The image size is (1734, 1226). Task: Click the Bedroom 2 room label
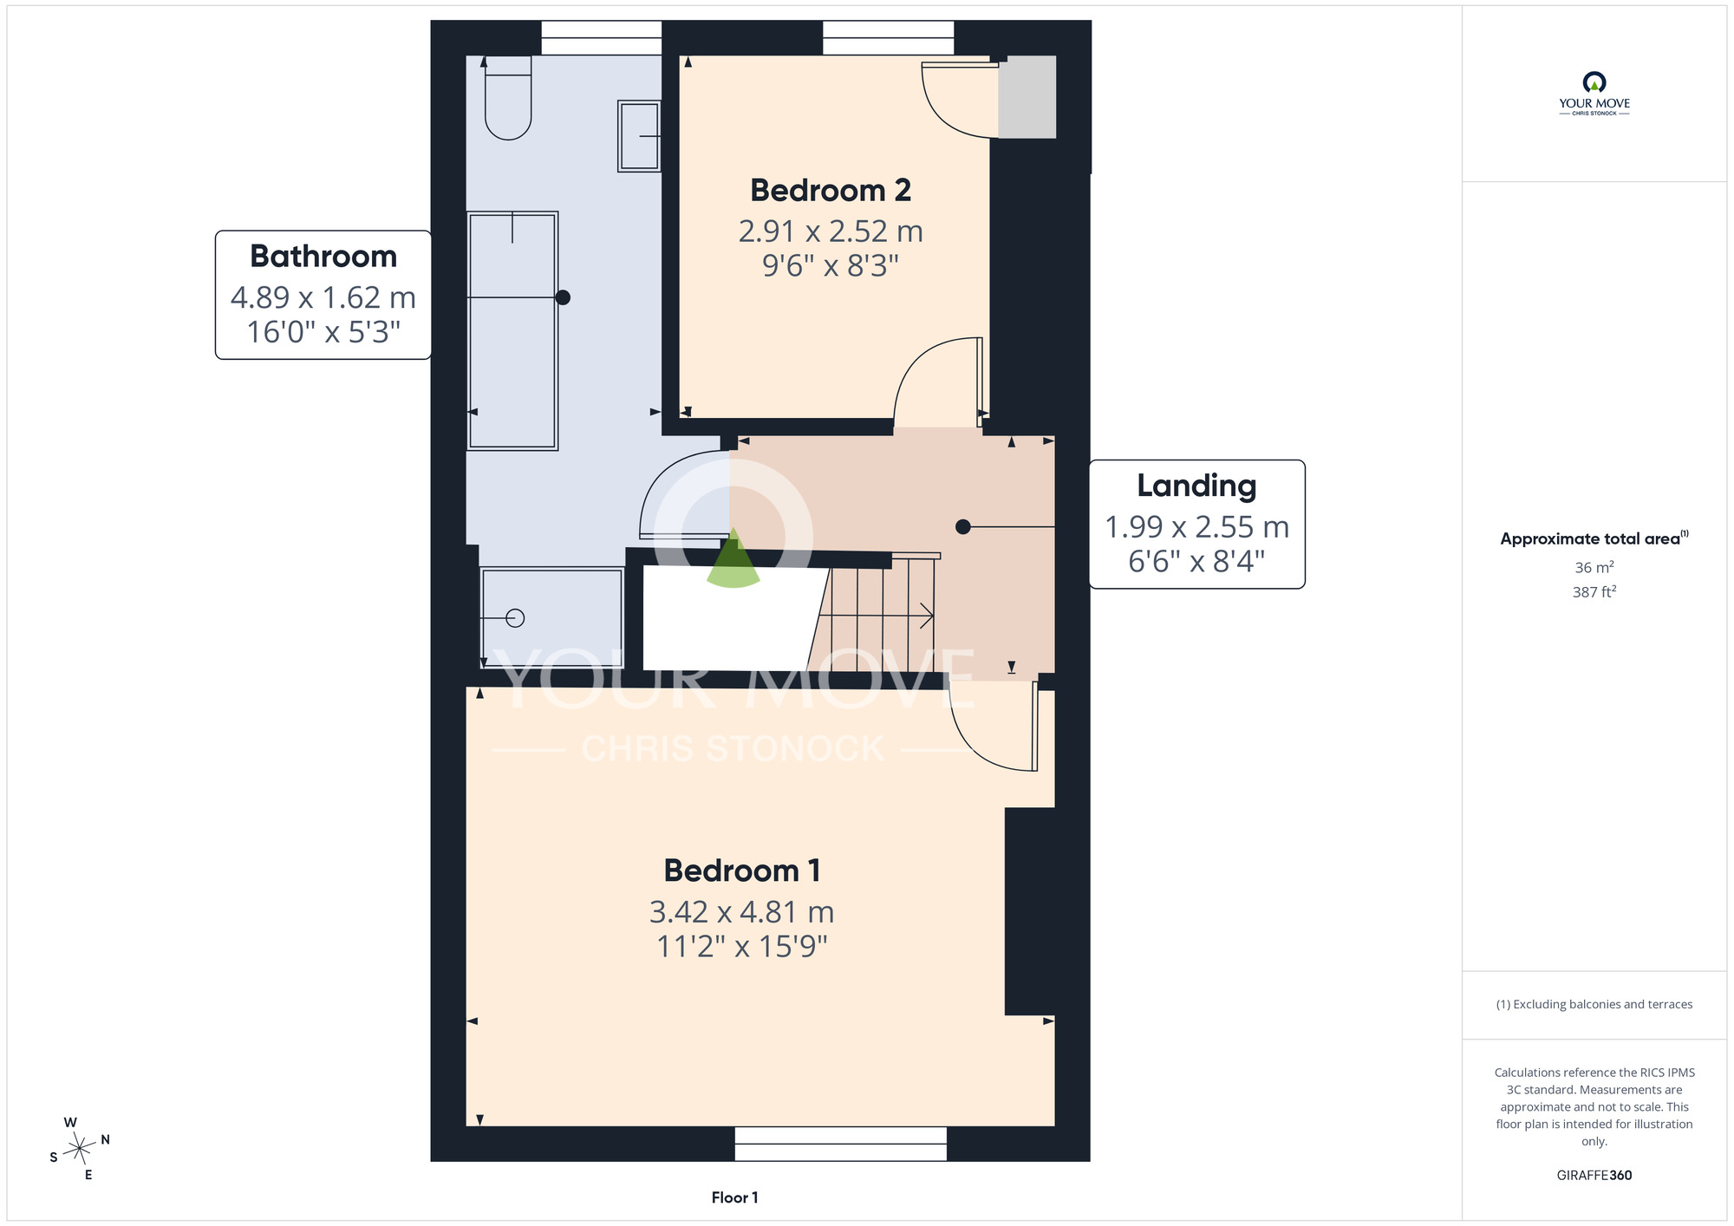click(x=831, y=190)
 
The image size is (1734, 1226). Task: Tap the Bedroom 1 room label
click(x=742, y=870)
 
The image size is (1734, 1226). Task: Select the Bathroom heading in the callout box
click(x=323, y=257)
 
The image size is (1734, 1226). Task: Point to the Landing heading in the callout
click(x=1196, y=486)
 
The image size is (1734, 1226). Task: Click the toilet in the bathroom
click(x=508, y=97)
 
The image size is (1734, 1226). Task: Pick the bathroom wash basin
click(x=639, y=136)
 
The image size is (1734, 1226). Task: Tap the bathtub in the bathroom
click(x=512, y=330)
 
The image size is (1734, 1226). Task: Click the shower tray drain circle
click(x=515, y=618)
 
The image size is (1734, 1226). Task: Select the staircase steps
click(x=876, y=615)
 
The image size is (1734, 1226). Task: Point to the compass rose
click(x=80, y=1149)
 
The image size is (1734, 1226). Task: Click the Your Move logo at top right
click(x=1594, y=94)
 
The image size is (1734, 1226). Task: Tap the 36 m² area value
click(x=1594, y=567)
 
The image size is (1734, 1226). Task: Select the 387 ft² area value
click(x=1594, y=591)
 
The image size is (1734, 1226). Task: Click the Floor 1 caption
click(x=734, y=1197)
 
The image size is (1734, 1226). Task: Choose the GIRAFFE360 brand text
click(x=1594, y=1176)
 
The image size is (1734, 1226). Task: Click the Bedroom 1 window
click(x=841, y=1144)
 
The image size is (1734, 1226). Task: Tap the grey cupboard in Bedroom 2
click(x=1027, y=97)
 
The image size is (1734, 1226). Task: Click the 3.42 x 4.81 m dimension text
click(x=742, y=912)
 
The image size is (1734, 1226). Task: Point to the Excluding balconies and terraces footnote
click(x=1594, y=1004)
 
